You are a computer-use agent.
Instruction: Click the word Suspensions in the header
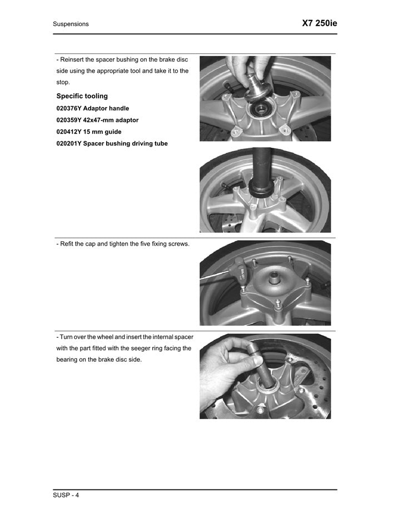tap(71, 24)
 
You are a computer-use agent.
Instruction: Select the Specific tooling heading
tap(82, 96)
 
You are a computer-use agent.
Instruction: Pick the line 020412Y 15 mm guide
tap(88, 132)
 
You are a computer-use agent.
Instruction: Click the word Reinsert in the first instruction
tap(73, 59)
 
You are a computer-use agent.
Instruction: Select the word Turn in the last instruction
tap(67, 337)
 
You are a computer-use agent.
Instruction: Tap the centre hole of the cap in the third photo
tap(275, 276)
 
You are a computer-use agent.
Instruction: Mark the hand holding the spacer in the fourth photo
tap(228, 361)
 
